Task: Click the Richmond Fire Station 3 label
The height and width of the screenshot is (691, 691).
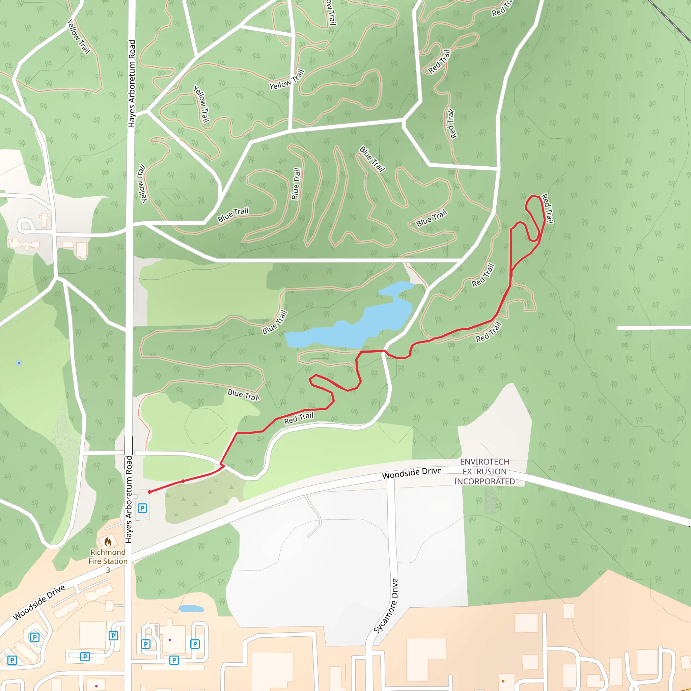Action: click(108, 561)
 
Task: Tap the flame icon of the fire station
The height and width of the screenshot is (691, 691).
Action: click(108, 542)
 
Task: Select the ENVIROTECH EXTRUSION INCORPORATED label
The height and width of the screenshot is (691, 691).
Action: click(484, 471)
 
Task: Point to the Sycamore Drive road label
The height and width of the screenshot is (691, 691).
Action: click(386, 606)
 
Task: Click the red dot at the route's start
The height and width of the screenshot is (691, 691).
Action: click(149, 492)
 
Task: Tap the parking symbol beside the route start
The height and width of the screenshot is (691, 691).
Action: click(142, 508)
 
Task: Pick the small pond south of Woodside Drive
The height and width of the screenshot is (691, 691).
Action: click(191, 608)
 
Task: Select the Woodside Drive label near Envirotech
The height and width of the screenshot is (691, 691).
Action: click(412, 473)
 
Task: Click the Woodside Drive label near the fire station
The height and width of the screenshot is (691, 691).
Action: click(39, 602)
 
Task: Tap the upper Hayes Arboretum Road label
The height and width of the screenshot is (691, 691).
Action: click(132, 84)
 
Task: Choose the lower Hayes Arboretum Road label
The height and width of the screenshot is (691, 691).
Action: click(129, 499)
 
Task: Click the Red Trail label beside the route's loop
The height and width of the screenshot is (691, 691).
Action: click(547, 209)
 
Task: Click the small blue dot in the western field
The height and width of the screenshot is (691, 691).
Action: click(19, 363)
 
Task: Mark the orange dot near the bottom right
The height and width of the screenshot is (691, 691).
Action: click(503, 681)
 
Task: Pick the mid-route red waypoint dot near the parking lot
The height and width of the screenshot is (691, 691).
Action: click(183, 481)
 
